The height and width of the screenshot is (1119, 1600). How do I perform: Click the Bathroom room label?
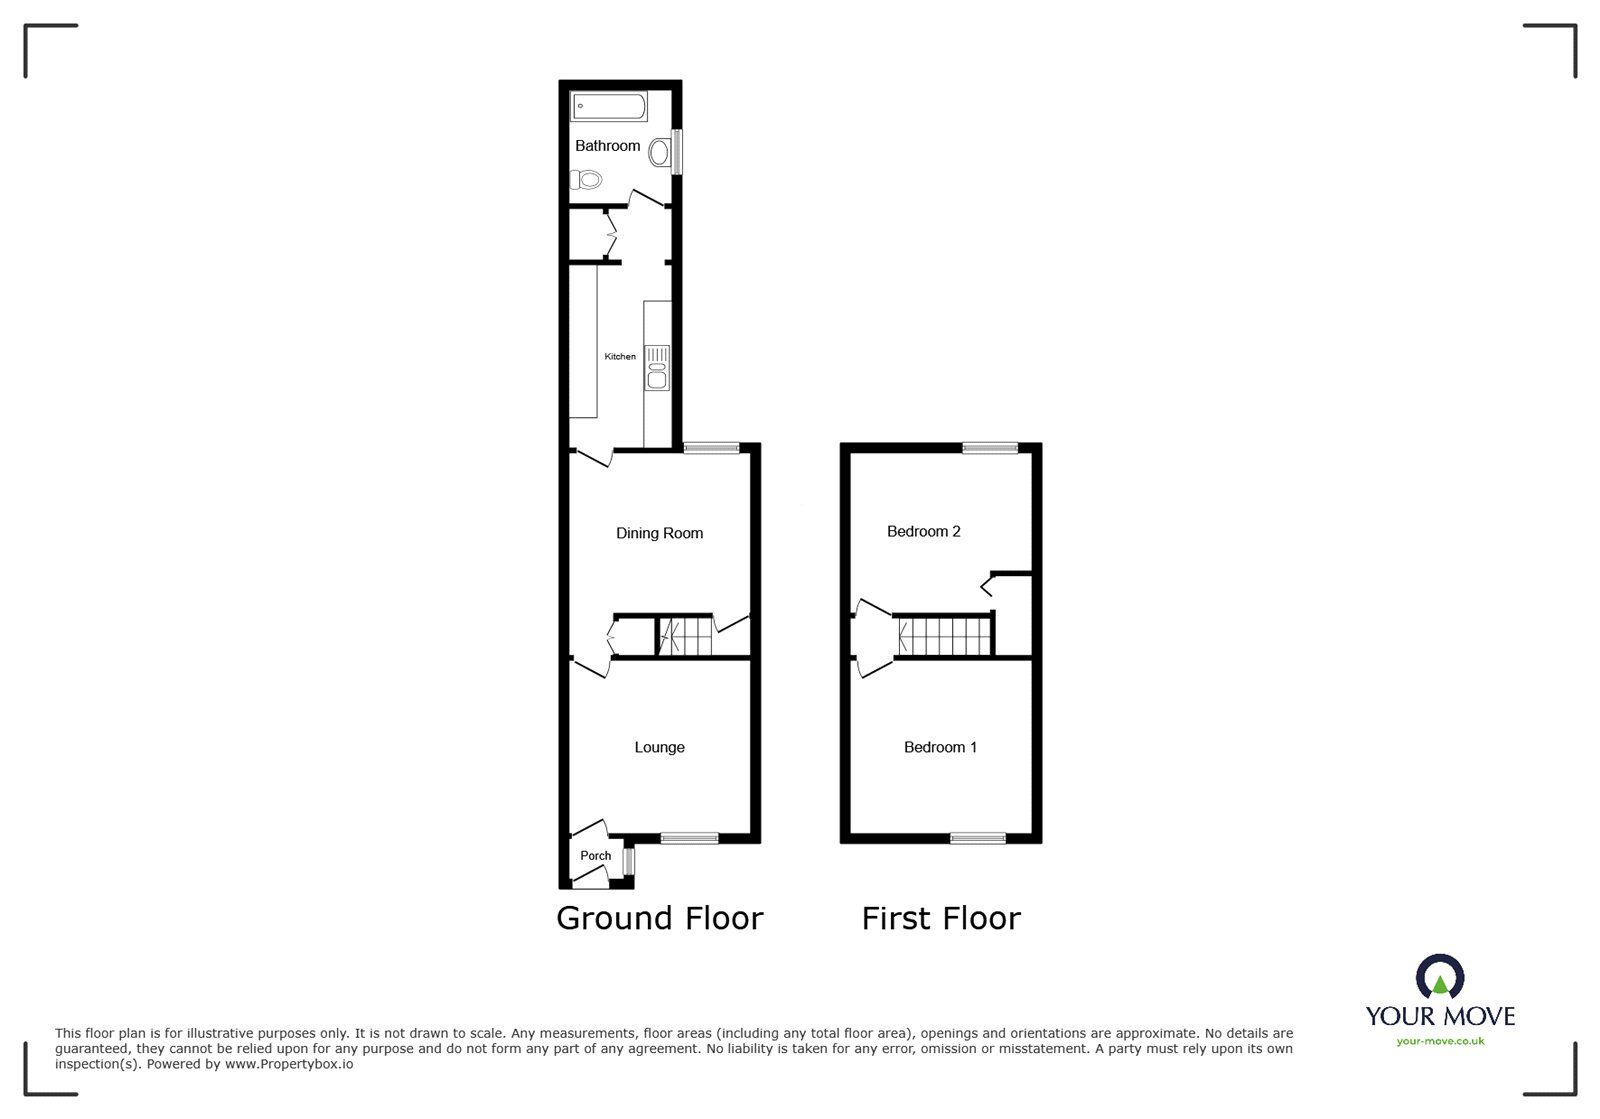click(607, 146)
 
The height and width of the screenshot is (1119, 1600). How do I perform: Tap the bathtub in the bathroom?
click(609, 106)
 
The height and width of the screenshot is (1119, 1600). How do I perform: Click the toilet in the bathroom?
click(586, 180)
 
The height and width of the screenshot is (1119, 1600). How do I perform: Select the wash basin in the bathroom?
click(659, 153)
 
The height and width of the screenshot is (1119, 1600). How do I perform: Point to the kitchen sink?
click(657, 367)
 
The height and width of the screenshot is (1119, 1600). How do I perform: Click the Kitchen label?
click(619, 357)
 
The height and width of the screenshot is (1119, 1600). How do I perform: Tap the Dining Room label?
click(659, 533)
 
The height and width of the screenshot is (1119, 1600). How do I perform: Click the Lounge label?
click(659, 747)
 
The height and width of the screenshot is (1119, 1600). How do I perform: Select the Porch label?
click(595, 856)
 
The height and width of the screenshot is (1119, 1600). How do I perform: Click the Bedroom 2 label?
click(923, 531)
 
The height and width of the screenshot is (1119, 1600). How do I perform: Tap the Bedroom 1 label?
click(940, 747)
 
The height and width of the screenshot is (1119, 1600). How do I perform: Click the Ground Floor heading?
click(659, 918)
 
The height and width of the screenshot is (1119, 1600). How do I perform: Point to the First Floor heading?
click(941, 918)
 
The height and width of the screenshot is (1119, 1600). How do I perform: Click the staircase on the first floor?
click(944, 636)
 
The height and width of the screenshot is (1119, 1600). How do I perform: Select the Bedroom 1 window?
click(978, 838)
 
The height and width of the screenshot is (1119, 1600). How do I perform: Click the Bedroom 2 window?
click(990, 448)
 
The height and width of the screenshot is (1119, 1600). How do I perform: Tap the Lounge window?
click(689, 838)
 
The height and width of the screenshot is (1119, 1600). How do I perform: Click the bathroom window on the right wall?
click(677, 152)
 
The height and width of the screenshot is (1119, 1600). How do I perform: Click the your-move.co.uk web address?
click(1440, 1041)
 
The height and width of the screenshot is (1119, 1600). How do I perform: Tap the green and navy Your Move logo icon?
click(1440, 977)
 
